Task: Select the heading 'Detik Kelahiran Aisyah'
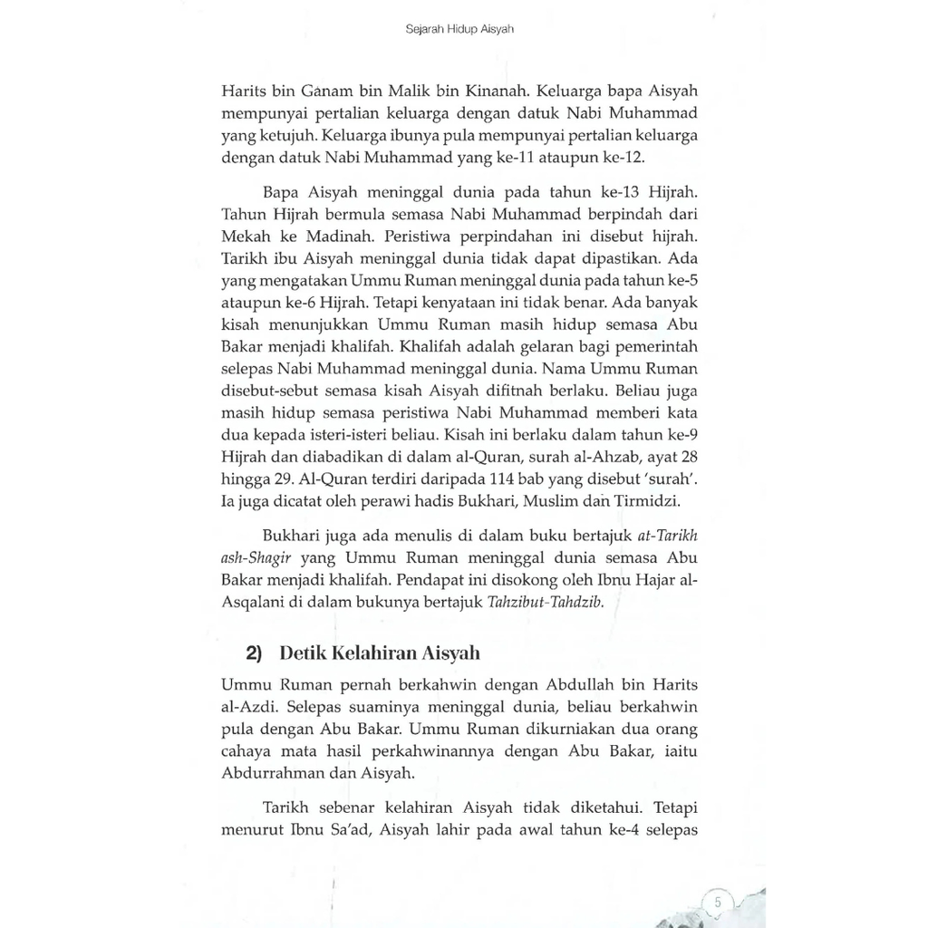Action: [380, 652]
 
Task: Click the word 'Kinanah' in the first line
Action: [500, 92]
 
